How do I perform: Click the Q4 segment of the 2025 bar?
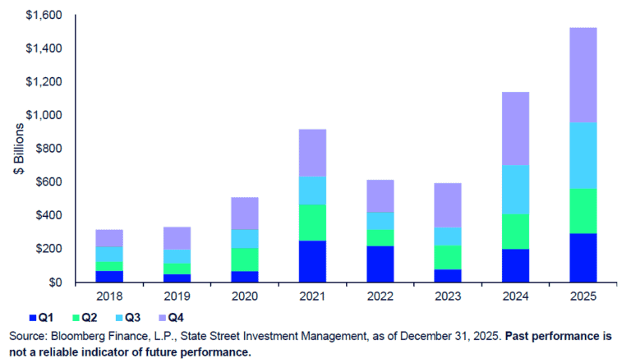coord(595,75)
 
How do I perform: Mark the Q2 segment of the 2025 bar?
coord(595,211)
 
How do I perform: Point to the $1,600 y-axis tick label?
coord(42,16)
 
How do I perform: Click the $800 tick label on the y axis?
coord(46,149)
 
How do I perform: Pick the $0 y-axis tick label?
coord(53,283)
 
